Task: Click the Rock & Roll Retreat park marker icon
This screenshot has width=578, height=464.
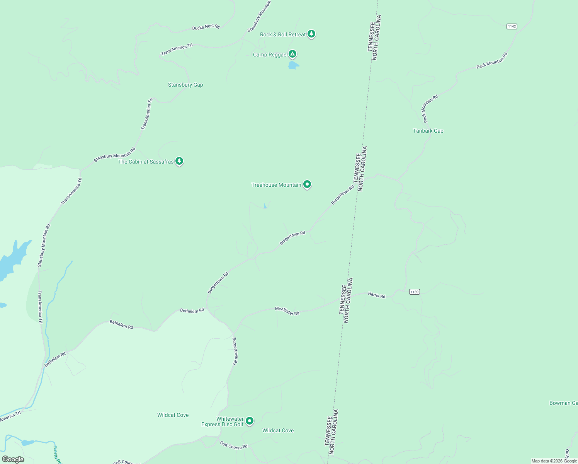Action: [x=311, y=34]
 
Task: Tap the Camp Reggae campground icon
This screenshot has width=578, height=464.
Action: [x=293, y=54]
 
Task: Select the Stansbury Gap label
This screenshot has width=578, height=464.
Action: [x=185, y=85]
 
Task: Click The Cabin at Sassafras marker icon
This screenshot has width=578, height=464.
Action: [x=179, y=161]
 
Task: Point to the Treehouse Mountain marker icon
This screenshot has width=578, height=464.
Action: [x=307, y=184]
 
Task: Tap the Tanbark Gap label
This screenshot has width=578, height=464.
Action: [x=428, y=131]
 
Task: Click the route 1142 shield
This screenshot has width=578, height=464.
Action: [x=512, y=26]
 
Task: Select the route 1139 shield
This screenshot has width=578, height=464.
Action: [x=415, y=292]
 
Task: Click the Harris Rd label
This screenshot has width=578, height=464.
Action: [x=377, y=295]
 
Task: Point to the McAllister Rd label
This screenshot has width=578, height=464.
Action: [x=287, y=311]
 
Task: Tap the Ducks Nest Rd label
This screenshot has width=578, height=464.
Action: [x=206, y=27]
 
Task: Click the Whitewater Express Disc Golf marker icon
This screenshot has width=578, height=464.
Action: [x=250, y=421]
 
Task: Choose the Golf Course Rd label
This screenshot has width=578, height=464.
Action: [x=234, y=445]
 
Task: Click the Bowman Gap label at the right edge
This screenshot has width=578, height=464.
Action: [x=563, y=403]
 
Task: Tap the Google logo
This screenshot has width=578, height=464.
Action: [x=13, y=459]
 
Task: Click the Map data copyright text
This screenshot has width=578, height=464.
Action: [x=554, y=461]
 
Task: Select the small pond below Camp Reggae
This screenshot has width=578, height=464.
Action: [x=293, y=65]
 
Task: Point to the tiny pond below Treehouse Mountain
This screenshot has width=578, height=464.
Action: [x=265, y=206]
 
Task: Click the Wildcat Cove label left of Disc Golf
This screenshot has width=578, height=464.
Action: [x=173, y=415]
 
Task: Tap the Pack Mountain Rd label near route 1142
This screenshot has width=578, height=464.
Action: [x=491, y=61]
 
